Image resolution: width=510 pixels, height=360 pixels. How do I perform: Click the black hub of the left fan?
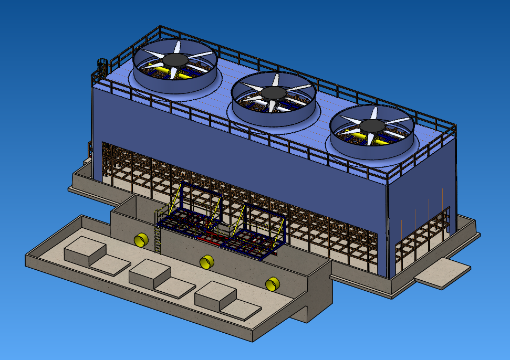pyautogui.click(x=176, y=59)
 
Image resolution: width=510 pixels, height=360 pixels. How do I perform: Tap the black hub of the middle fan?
pyautogui.click(x=274, y=93)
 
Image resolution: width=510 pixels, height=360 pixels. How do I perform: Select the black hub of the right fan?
pyautogui.click(x=373, y=125)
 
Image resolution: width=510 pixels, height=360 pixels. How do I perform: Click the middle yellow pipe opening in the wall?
pyautogui.click(x=206, y=261)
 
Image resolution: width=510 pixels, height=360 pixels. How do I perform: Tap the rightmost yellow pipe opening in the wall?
pyautogui.click(x=272, y=284)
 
